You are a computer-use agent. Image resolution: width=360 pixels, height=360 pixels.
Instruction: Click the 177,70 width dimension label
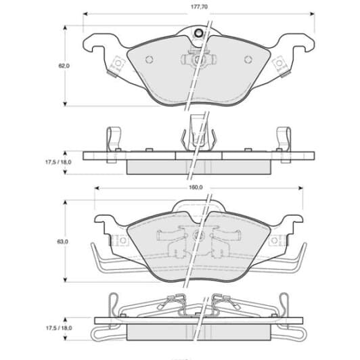pos(199,7)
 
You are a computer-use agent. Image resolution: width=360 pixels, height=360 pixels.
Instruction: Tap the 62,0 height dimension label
pos(64,66)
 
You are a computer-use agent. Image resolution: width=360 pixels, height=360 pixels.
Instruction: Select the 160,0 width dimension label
pos(196,187)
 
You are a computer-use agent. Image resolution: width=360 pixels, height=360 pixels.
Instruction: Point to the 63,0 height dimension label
pos(62,242)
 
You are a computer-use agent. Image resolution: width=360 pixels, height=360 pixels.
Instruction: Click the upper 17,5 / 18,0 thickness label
pos(58,162)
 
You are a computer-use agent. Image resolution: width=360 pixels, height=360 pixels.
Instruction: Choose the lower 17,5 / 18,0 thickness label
pos(59,328)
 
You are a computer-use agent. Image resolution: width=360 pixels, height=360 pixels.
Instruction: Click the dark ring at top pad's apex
pos(199,34)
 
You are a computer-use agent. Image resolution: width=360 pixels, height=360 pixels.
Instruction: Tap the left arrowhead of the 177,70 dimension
pos(85,14)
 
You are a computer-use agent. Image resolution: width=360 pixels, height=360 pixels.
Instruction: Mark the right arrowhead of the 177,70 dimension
pos(312,14)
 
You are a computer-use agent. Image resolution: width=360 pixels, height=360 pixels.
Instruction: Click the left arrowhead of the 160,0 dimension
pos(97,188)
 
